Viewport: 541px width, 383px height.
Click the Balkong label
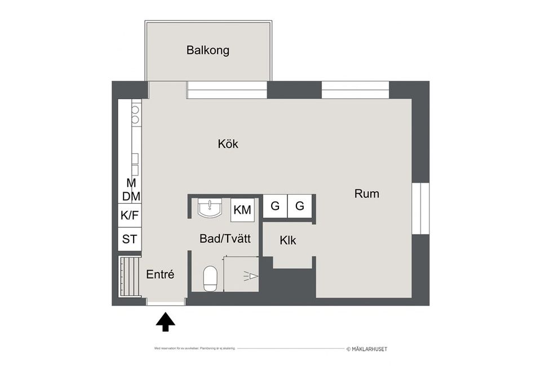208,50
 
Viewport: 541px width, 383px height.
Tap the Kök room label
228,144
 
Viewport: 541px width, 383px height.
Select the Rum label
366,193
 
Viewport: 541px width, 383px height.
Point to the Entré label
160,275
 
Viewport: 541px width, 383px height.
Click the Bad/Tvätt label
225,239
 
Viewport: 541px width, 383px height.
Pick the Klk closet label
288,240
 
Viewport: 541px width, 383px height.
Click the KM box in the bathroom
242,210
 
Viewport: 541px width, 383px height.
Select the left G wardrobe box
275,206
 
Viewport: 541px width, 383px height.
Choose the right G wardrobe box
300,206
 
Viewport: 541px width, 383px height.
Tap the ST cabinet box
129,239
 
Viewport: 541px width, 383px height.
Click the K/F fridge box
129,215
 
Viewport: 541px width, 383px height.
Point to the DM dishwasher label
131,196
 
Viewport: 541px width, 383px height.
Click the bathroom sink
211,208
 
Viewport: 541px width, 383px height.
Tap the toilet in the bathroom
210,278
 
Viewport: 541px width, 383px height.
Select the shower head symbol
250,276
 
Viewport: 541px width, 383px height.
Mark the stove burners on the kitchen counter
135,115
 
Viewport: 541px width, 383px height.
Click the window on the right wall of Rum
420,208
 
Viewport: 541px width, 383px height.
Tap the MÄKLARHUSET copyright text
366,349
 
